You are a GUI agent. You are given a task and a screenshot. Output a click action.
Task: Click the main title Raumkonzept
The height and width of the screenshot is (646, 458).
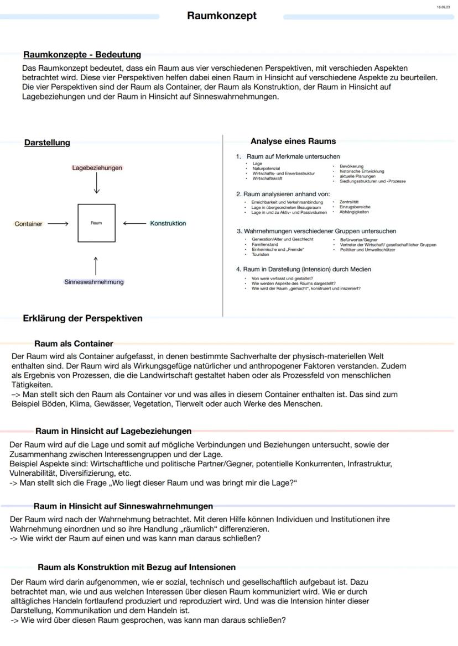(221, 16)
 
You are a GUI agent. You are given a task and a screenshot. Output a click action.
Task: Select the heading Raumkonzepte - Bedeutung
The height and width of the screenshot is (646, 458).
(82, 55)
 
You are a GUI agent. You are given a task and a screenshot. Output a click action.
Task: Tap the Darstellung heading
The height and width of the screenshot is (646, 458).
(47, 143)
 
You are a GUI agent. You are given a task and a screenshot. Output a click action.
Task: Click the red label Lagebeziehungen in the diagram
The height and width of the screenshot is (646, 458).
(97, 167)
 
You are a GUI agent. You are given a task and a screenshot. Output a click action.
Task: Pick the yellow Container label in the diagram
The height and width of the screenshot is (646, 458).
(28, 224)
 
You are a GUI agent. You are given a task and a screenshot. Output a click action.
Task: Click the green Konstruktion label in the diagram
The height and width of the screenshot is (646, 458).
(168, 223)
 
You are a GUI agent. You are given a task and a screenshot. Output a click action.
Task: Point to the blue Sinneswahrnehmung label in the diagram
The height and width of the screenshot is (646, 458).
(94, 282)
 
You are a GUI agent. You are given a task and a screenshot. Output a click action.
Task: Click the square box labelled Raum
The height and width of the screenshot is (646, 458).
(96, 223)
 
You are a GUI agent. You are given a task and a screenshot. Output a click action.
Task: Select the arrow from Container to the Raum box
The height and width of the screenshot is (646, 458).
(58, 224)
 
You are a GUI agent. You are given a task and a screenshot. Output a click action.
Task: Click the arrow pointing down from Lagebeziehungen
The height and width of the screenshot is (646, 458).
(97, 183)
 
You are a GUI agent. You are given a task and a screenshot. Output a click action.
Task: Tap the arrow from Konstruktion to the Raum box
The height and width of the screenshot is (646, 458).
(133, 223)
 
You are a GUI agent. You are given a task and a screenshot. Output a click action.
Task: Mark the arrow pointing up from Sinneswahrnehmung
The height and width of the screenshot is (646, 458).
(96, 265)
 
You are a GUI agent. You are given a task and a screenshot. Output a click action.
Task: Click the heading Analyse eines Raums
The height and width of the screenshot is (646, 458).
(293, 141)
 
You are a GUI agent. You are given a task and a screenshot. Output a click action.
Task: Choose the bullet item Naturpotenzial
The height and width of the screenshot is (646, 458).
(266, 169)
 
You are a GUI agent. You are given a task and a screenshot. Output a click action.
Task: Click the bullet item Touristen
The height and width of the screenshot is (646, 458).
(261, 255)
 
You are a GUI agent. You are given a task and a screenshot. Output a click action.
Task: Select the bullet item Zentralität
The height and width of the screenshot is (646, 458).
(349, 202)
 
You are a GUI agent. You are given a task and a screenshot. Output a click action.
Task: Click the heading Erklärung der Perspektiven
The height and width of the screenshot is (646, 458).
(82, 318)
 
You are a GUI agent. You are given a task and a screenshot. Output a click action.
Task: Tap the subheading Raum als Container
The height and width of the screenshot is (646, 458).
(74, 344)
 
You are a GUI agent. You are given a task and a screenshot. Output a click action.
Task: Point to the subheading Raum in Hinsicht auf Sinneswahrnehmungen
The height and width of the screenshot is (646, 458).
(123, 506)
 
